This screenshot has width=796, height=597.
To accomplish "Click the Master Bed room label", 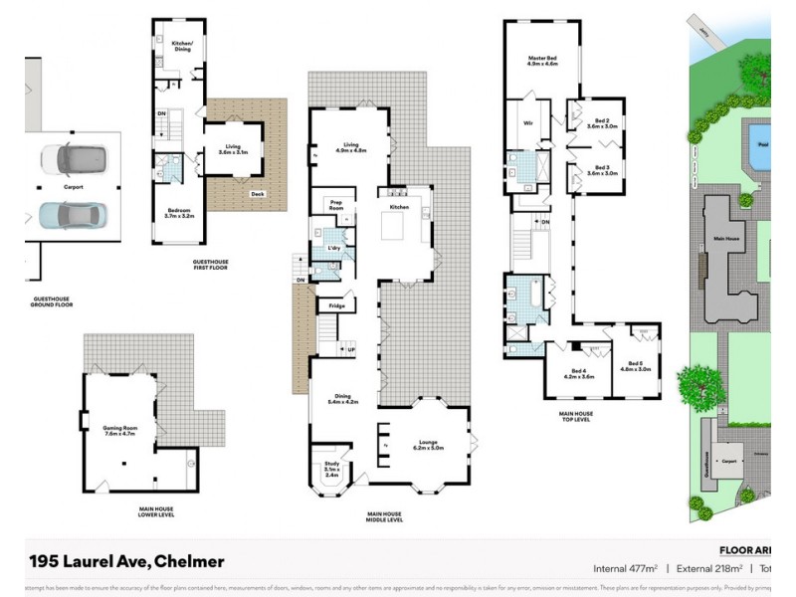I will pyautogui.click(x=542, y=61).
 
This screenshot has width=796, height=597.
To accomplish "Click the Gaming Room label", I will pyautogui.click(x=119, y=431).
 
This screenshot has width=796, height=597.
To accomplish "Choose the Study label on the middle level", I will pyautogui.click(x=331, y=471).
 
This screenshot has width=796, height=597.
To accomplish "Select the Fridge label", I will pyautogui.click(x=337, y=305).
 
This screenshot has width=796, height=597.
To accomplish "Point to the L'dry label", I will pyautogui.click(x=333, y=246).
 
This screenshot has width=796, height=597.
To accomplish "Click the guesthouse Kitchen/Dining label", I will pyautogui.click(x=181, y=46).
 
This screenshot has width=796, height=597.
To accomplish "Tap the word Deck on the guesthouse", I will pyautogui.click(x=257, y=194).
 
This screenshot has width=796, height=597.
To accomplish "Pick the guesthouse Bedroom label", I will pyautogui.click(x=180, y=212).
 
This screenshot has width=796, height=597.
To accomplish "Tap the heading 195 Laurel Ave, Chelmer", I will pyautogui.click(x=125, y=561).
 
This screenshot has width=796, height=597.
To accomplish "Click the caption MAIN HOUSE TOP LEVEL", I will pyautogui.click(x=576, y=416).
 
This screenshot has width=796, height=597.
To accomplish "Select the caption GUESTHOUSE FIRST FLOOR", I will pyautogui.click(x=217, y=266).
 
